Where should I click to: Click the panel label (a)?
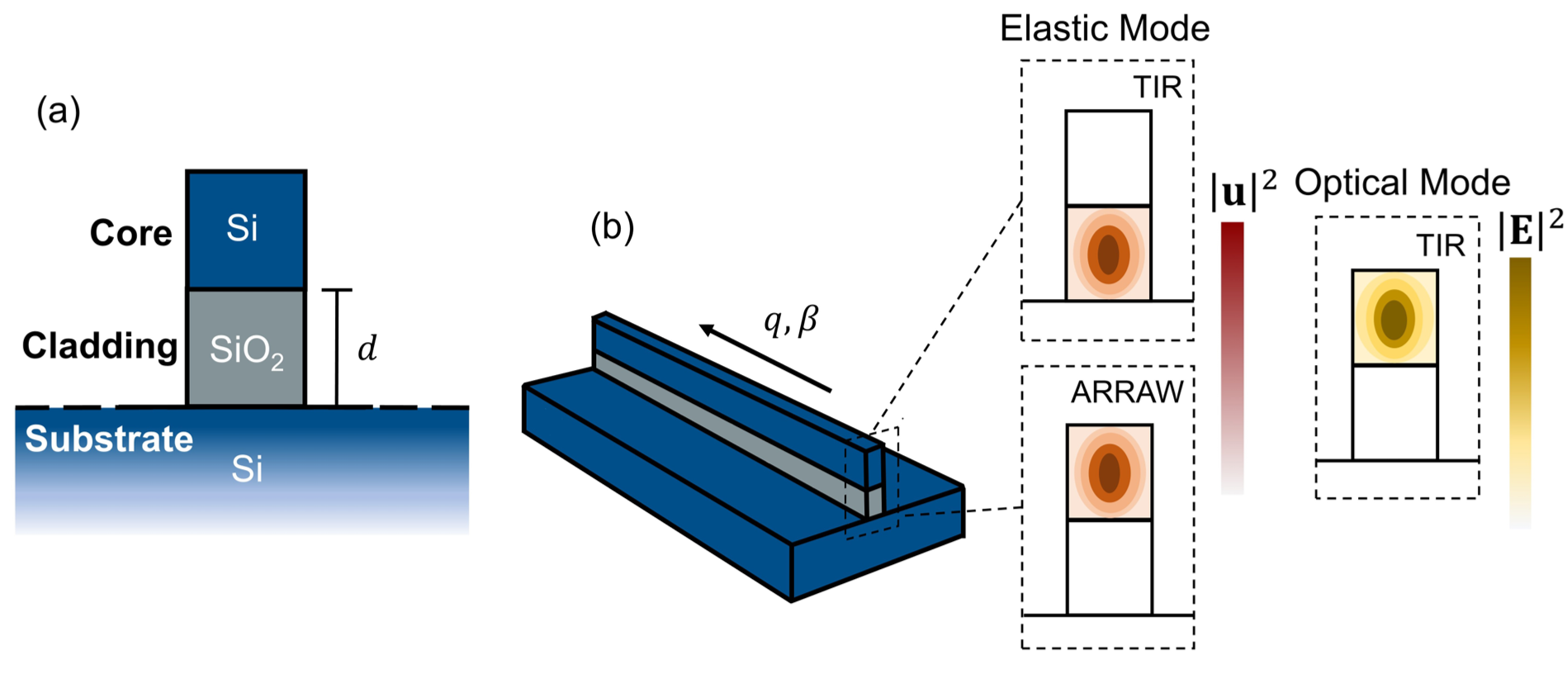[59, 111]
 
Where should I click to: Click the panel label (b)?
[612, 227]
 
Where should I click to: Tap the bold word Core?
[130, 233]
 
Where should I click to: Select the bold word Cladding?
[99, 345]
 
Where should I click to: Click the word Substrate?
[108, 439]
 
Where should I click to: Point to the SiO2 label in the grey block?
[246, 351]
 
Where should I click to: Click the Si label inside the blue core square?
[242, 228]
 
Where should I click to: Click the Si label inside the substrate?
[247, 469]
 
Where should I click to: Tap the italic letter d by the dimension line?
[367, 349]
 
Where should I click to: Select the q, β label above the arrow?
[790, 320]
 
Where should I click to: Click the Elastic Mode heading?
[1104, 29]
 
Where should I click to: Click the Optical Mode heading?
[1401, 183]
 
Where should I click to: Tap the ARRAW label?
[1127, 392]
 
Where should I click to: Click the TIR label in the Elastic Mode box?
[1157, 88]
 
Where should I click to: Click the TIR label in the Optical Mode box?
[1440, 246]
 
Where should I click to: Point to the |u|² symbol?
[1243, 190]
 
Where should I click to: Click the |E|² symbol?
[1530, 230]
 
